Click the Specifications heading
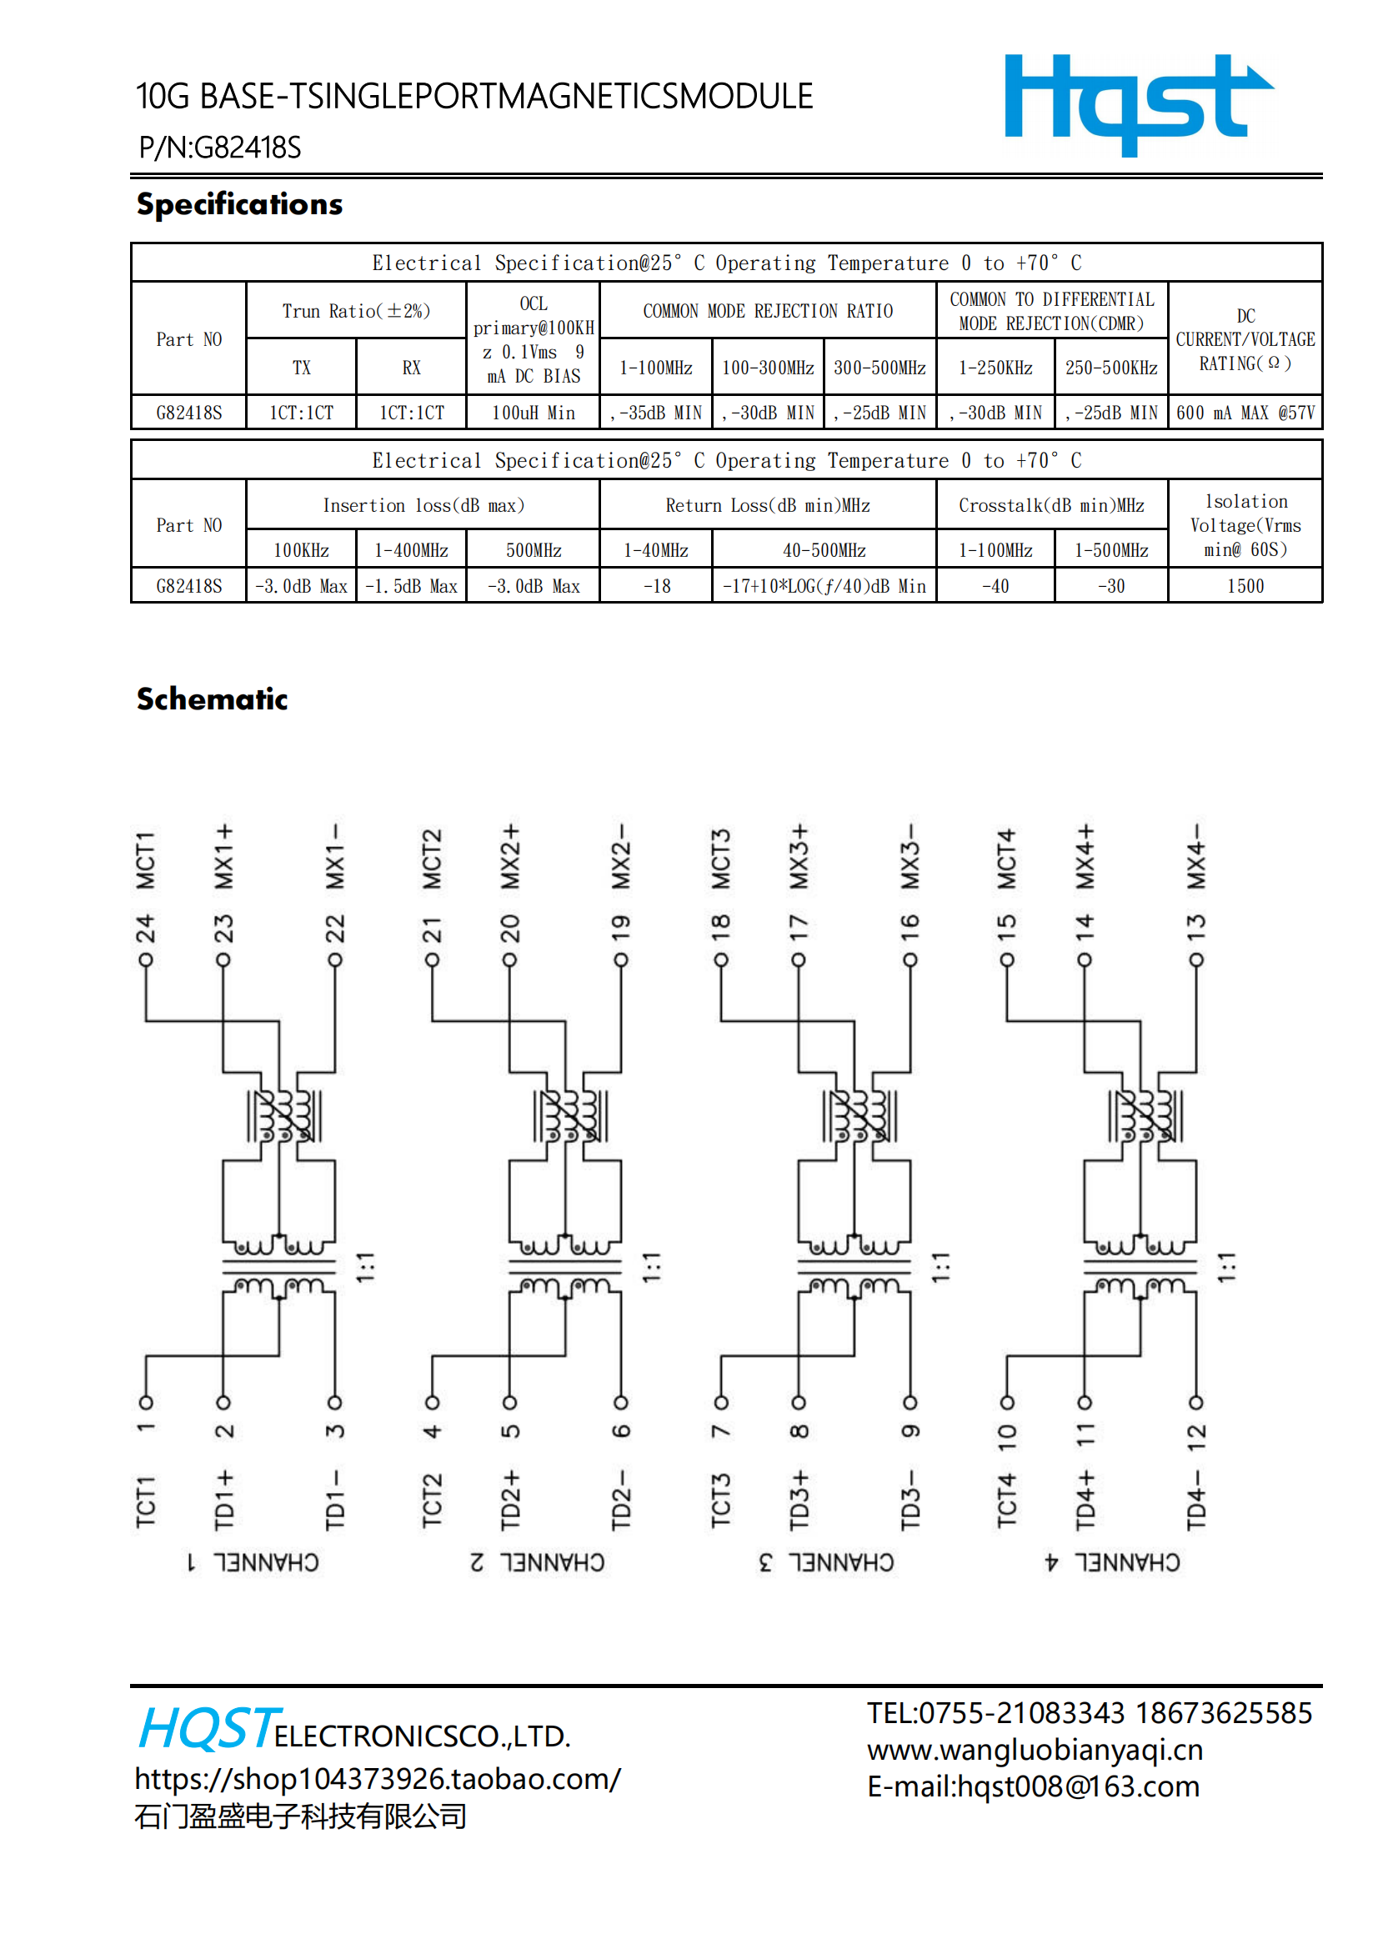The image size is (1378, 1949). [x=239, y=204]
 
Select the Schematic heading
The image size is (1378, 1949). [x=213, y=699]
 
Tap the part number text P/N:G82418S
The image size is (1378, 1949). [x=220, y=148]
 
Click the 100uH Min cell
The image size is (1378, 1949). [x=534, y=413]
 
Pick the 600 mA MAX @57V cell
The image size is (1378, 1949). [x=1245, y=413]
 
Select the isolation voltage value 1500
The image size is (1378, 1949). [x=1245, y=586]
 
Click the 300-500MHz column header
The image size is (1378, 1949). [x=879, y=368]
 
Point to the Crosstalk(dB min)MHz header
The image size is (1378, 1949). [x=1051, y=505]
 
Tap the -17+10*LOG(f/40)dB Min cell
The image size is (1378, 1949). [x=824, y=586]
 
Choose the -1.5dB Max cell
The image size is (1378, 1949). [x=411, y=586]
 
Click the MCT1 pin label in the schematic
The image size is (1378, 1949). [x=146, y=860]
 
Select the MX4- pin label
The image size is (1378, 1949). [x=1195, y=855]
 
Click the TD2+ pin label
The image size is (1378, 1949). [x=509, y=1500]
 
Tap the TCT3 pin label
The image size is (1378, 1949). [x=720, y=1500]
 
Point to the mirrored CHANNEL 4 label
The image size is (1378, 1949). [x=1111, y=1562]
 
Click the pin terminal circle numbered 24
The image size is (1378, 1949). [x=146, y=960]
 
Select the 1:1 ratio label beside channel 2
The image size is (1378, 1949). [x=651, y=1267]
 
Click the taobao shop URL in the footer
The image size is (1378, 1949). [x=378, y=1778]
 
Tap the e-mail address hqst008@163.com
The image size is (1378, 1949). [x=1078, y=1786]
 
